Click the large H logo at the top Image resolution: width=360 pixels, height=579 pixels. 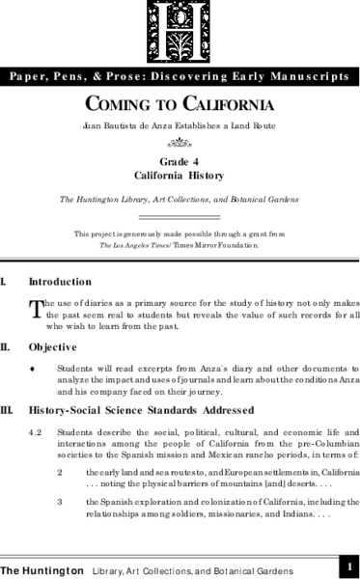coord(180,29)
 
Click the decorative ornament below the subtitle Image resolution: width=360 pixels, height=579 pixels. coord(180,142)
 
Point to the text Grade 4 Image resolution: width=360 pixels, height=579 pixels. coord(180,162)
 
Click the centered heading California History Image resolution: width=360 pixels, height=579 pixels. coord(180,177)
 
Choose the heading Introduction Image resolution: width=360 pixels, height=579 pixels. coord(60,282)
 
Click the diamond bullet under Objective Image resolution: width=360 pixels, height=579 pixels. coord(34,369)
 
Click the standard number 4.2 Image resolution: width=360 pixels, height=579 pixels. coord(37,431)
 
